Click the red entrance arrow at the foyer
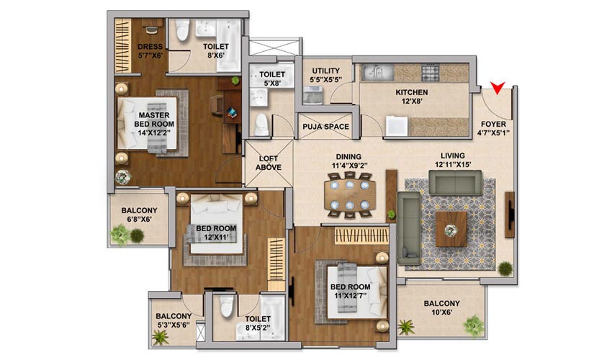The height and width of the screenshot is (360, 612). pos(498,87)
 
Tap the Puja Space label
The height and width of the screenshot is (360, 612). pos(326,127)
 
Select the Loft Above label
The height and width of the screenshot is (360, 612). pos(269,163)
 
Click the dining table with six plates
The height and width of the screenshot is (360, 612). pos(350,194)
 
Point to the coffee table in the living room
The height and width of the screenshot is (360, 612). pos(451,230)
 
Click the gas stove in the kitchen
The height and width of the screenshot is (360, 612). pos(431,73)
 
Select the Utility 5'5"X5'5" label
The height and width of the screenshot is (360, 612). pos(326,75)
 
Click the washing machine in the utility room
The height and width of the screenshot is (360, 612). pos(313,95)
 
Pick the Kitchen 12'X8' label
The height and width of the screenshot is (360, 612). pos(412,96)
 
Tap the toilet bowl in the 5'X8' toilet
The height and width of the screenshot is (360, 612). pos(261,124)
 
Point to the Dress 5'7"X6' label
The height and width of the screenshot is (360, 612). pos(150,50)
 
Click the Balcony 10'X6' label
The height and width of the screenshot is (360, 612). pos(442,307)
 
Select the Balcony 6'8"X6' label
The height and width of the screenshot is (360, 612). pos(140,215)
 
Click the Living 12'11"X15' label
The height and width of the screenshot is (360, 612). pos(453,160)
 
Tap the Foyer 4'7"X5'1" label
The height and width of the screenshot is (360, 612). pos(493,128)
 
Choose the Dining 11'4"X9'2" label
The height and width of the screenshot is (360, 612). pos(349,161)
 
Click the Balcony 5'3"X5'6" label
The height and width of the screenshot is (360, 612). pos(174,320)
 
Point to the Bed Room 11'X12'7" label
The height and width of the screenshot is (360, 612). pos(350,291)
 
